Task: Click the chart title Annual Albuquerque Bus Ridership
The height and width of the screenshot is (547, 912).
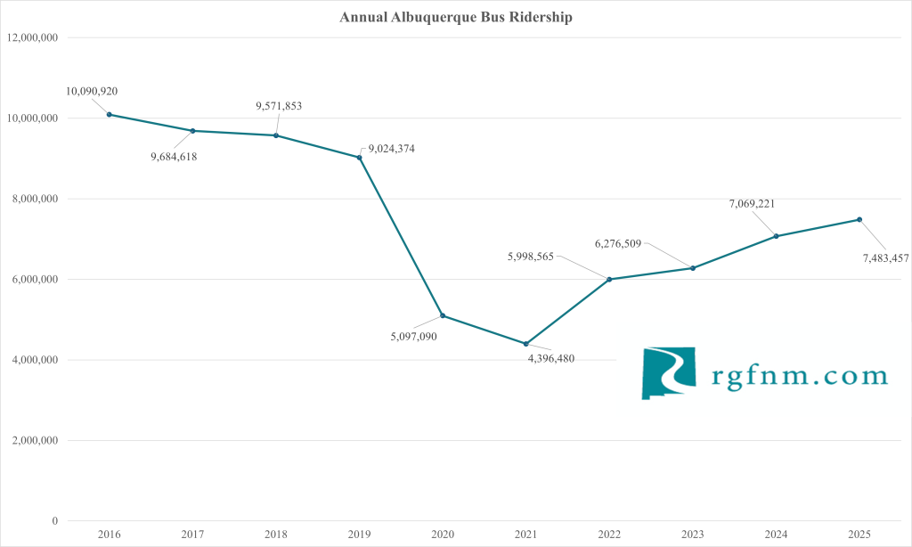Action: click(x=455, y=17)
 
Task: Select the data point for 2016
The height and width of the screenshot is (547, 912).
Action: click(x=109, y=114)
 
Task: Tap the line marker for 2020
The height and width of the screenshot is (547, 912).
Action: click(x=443, y=315)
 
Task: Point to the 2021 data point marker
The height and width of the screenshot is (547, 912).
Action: click(x=525, y=344)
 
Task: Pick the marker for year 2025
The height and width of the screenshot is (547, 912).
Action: click(x=859, y=219)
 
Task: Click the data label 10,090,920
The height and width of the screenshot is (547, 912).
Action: click(x=92, y=91)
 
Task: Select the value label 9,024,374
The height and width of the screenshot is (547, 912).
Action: click(x=390, y=149)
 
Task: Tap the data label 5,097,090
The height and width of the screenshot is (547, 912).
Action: click(x=413, y=336)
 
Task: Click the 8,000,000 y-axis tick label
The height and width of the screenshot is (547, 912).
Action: click(x=32, y=199)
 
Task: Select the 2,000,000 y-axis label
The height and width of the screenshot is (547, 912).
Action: click(x=32, y=440)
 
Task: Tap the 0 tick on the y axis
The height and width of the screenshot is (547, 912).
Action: click(x=55, y=521)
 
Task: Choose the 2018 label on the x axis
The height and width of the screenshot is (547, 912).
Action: click(x=276, y=533)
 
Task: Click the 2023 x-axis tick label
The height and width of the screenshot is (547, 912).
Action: click(x=693, y=533)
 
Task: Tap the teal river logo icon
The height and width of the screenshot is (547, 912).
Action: click(x=671, y=372)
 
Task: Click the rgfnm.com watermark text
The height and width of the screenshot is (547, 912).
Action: click(x=800, y=375)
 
